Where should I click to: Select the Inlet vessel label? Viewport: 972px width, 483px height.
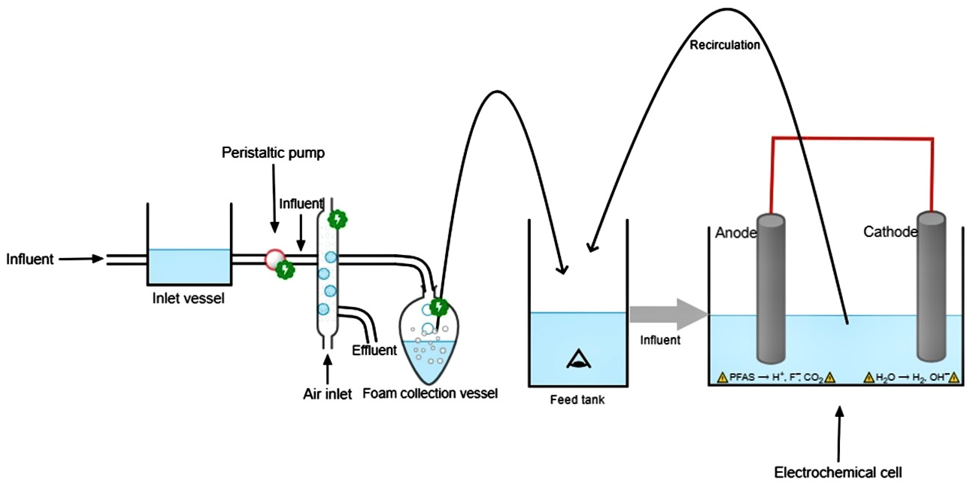[x=188, y=298]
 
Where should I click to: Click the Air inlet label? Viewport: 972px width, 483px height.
[x=327, y=394]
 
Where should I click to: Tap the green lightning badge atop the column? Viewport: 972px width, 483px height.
[x=337, y=219]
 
